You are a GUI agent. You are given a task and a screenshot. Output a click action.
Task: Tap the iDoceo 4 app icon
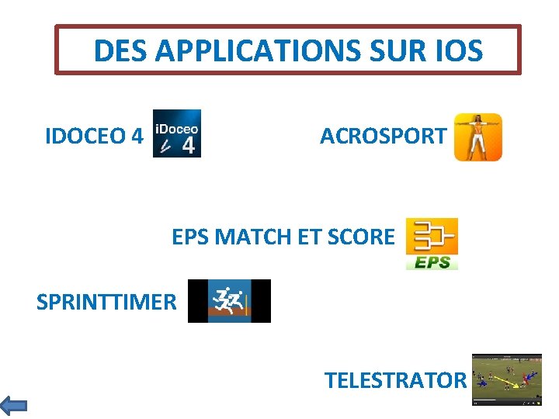click(x=176, y=133)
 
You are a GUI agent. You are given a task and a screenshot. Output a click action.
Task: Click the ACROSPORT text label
click(x=383, y=136)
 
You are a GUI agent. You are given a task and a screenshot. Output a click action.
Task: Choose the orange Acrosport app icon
click(x=477, y=137)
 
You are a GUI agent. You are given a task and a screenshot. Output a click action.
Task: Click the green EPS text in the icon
click(x=432, y=262)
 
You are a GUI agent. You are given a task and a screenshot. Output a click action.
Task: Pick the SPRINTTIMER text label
click(x=106, y=301)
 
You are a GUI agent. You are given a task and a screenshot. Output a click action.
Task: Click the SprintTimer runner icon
click(x=229, y=301)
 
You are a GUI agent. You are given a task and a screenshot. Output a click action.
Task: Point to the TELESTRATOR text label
click(x=395, y=380)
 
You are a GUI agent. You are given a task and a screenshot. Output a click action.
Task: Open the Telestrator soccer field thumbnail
click(x=507, y=379)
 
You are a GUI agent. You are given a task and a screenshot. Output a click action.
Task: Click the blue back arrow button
click(x=13, y=405)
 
